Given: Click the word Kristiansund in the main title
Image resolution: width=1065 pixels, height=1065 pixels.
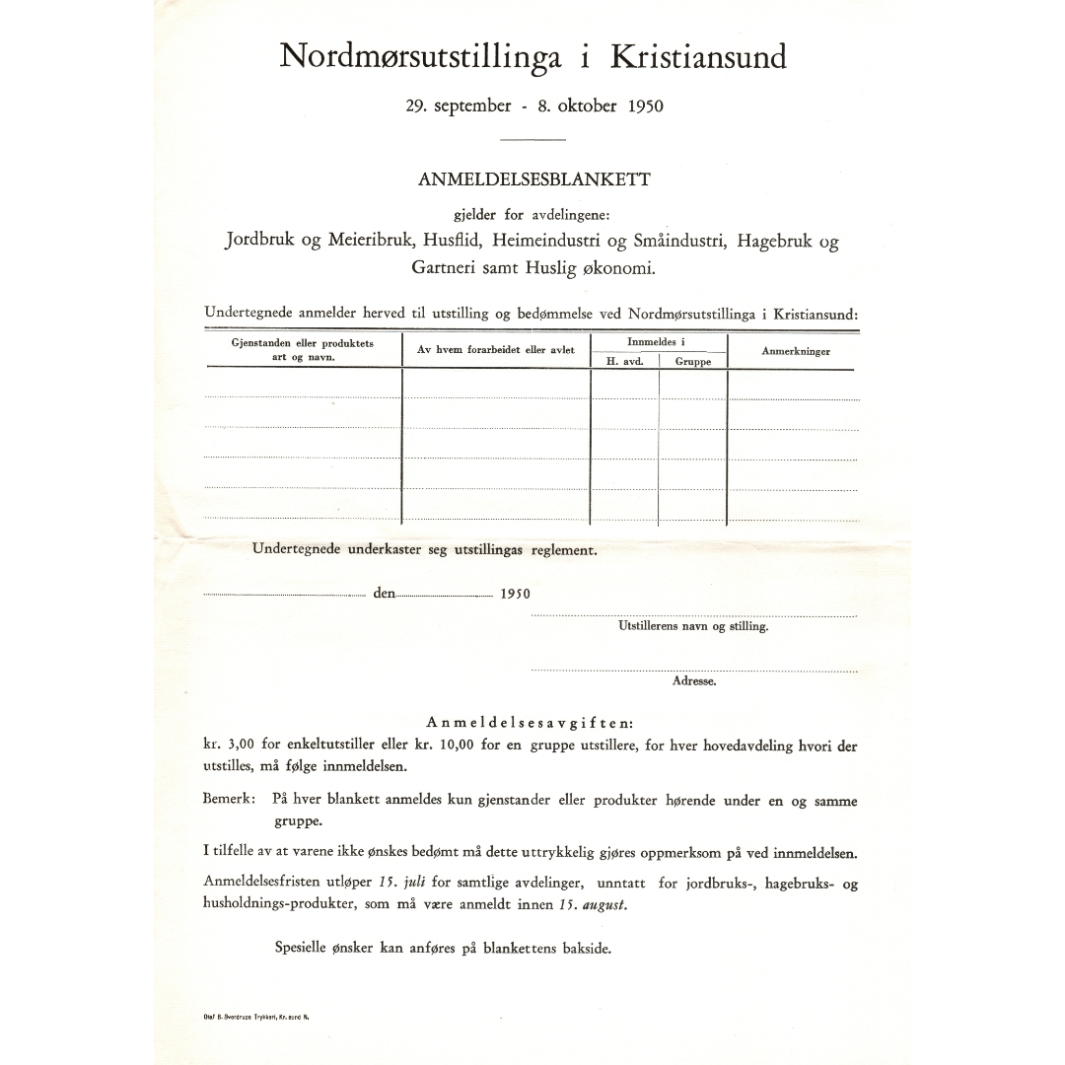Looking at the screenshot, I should click(x=698, y=57).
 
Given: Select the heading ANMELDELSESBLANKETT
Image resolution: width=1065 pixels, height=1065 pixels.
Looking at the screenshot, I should click(x=534, y=179).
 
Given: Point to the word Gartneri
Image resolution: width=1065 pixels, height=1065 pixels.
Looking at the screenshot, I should click(x=448, y=267).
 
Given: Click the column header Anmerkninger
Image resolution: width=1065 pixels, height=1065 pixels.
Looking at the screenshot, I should click(x=795, y=351).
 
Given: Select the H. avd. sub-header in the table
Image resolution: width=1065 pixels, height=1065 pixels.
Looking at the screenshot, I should click(x=624, y=362).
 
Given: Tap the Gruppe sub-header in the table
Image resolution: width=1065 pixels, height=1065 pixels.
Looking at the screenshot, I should click(x=693, y=362).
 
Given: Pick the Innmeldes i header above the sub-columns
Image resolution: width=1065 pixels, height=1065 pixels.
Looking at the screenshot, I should click(x=657, y=341).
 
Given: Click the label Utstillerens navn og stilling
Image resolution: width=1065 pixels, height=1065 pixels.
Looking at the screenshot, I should click(x=693, y=626).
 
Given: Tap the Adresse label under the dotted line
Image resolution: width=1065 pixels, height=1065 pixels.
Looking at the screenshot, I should click(x=694, y=680).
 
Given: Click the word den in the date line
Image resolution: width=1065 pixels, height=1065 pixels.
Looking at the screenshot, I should click(x=384, y=594).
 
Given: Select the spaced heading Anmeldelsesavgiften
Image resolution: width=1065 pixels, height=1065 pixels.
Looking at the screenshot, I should click(x=531, y=724).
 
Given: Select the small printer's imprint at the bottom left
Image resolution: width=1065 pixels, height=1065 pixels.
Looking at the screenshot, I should click(x=255, y=1015).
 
